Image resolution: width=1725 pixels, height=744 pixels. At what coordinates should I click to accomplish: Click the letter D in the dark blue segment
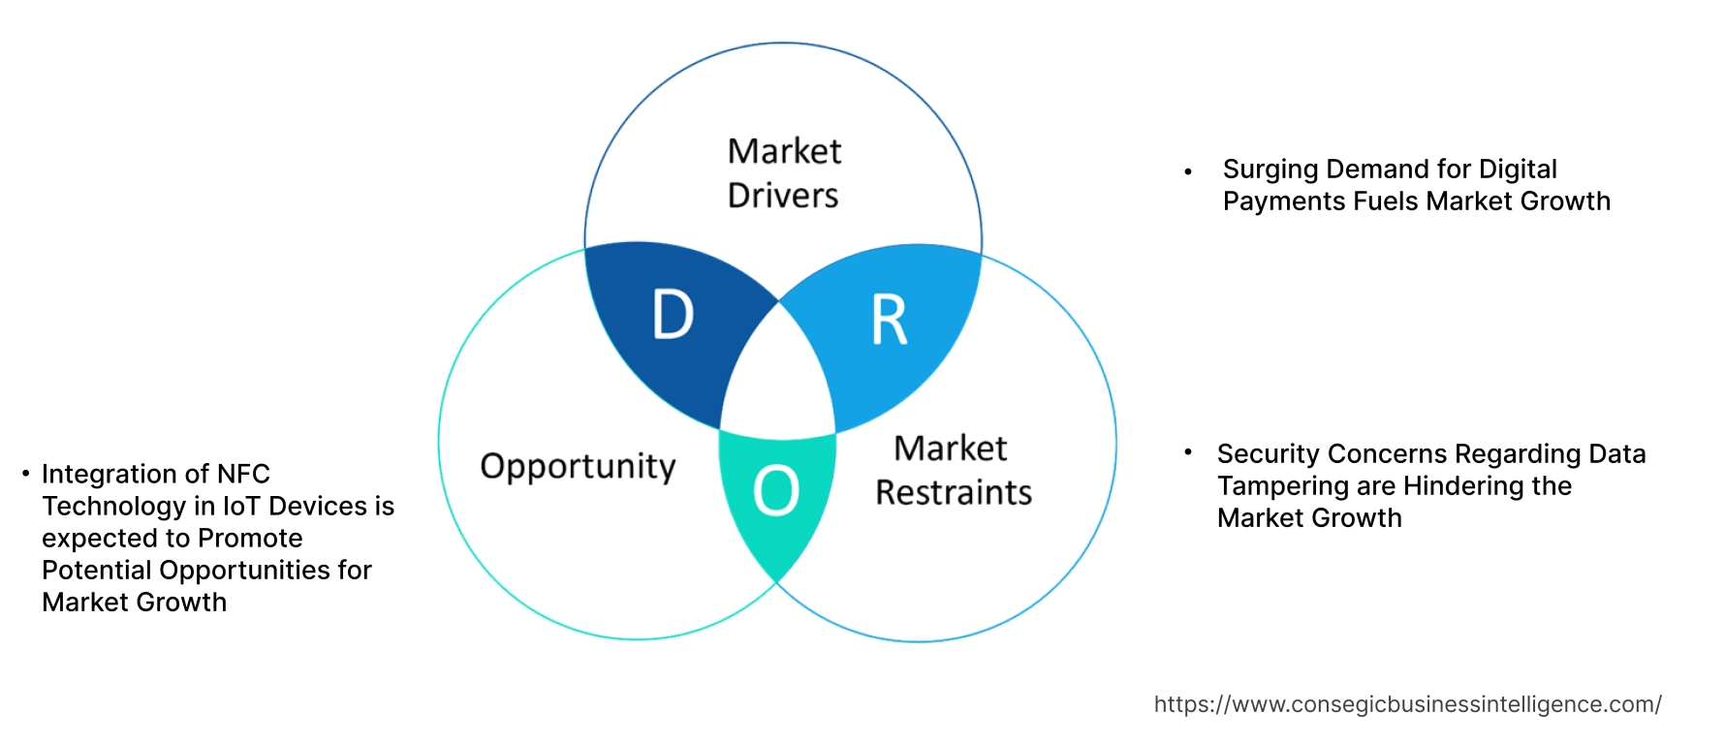(673, 315)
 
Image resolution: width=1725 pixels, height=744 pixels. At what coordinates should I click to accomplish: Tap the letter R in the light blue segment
(889, 321)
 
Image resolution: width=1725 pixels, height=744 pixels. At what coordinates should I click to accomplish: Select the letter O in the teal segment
(776, 490)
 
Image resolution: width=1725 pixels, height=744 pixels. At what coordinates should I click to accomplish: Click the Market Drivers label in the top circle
(783, 173)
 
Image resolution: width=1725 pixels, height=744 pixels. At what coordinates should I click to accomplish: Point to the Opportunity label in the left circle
(578, 467)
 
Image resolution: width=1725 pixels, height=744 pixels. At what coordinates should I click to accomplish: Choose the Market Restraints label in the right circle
(953, 470)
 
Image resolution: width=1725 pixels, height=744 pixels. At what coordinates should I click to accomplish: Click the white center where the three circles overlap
(778, 378)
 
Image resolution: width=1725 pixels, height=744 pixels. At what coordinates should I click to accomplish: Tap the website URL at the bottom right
(1407, 704)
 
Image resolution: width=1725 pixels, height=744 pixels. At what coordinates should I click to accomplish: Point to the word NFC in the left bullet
(243, 474)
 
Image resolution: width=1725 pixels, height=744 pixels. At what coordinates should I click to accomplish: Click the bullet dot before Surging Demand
(1188, 171)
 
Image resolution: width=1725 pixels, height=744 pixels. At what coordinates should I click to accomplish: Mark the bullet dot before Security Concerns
(1187, 451)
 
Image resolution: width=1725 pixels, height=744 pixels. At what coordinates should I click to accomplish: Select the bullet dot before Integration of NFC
(26, 473)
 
